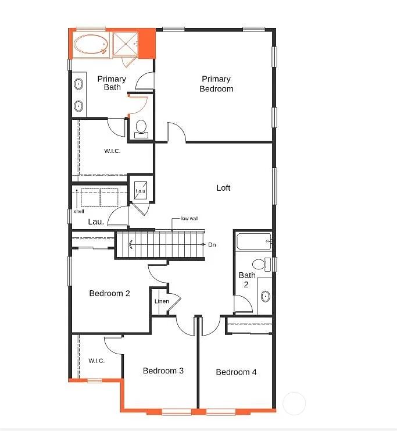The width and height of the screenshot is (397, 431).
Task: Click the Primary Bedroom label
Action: (x=216, y=84)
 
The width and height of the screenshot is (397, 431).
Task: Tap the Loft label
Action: (x=223, y=188)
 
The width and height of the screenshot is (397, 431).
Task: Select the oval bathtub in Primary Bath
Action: (x=91, y=45)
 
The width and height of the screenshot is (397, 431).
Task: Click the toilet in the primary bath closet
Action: (x=141, y=128)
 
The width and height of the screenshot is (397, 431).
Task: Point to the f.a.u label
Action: (x=140, y=191)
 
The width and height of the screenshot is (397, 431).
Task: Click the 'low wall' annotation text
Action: (x=189, y=219)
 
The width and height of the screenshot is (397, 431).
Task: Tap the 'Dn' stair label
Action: (x=212, y=245)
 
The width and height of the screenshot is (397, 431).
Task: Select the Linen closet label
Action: (x=162, y=301)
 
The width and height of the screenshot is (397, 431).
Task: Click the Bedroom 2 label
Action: (x=109, y=293)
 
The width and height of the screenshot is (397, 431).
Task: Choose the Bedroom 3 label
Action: (x=163, y=371)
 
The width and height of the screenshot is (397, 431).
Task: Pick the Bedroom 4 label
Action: (x=236, y=372)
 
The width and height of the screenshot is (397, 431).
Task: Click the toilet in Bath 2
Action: (x=260, y=265)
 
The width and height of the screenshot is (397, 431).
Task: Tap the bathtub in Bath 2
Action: (x=253, y=240)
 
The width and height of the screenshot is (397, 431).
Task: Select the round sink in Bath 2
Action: (x=265, y=297)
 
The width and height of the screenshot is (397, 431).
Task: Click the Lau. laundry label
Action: (x=96, y=222)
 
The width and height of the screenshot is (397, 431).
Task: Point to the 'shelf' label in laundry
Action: (x=78, y=211)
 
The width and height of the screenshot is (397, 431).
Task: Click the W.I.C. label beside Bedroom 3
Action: (x=96, y=361)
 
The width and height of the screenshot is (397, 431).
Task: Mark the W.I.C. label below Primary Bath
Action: (x=112, y=151)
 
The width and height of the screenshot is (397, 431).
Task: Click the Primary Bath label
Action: (x=112, y=83)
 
